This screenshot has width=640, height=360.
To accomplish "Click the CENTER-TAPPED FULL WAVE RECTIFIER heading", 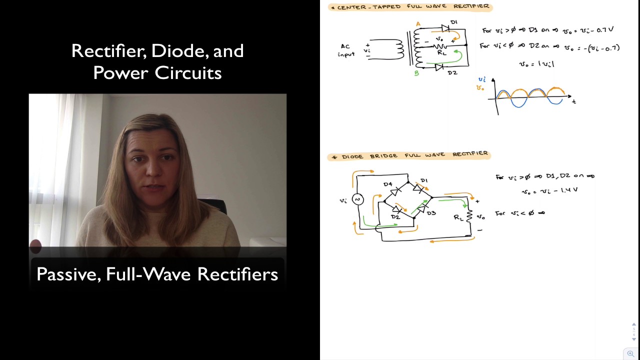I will click(410, 7).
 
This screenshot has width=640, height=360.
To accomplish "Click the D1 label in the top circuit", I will click(453, 22).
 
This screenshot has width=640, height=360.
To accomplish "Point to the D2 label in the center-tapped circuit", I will click(452, 73).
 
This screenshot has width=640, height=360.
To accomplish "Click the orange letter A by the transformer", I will click(418, 24).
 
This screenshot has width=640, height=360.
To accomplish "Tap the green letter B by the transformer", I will click(416, 73).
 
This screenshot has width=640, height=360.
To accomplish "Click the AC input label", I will click(346, 50).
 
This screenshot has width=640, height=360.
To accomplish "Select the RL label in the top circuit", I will click(441, 52).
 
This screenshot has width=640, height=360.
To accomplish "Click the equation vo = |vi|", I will click(536, 63).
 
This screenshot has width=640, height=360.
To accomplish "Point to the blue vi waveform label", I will click(482, 79).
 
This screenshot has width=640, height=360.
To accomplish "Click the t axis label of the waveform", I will click(574, 101).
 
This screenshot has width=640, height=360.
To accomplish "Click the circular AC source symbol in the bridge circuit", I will click(357, 199).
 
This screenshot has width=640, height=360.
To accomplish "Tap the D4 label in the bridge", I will click(387, 184).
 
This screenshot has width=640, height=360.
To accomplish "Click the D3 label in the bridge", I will click(431, 213).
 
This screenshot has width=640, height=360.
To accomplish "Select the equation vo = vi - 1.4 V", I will click(549, 191).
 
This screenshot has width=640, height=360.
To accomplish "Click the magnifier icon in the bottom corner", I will click(630, 353).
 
